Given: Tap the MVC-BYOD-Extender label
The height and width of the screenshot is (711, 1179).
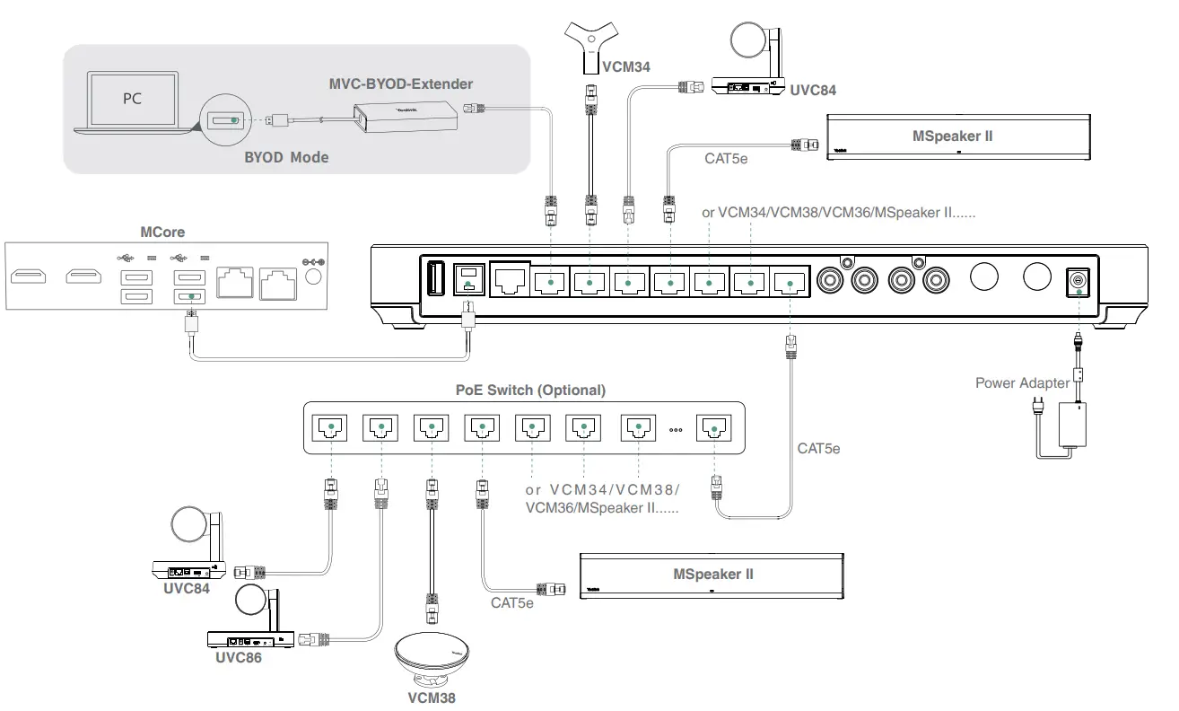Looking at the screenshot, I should coord(400,84).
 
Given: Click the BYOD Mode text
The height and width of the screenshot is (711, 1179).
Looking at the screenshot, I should coord(286,157).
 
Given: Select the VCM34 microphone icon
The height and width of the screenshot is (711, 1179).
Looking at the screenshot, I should coord(591,46).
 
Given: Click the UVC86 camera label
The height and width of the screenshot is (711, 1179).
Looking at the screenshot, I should coord(239,657).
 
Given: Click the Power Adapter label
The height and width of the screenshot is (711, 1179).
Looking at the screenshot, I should coord(1022,383).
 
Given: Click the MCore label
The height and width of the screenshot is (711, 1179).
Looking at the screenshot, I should coord(162,233).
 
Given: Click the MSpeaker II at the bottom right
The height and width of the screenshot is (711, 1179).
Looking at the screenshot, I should coord(712,575).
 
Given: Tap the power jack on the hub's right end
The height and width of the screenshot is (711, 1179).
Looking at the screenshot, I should coord(1076,282).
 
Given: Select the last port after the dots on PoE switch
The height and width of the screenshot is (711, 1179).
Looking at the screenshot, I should coord(715,427).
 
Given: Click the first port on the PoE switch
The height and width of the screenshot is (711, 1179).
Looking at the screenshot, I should coord(331,427).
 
